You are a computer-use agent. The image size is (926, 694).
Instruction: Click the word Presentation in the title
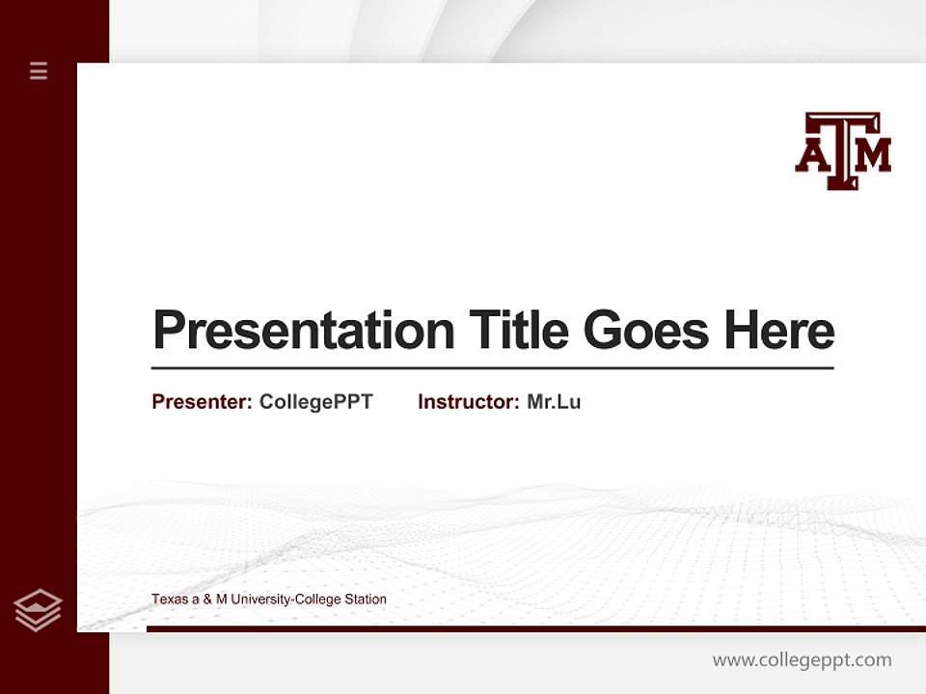[x=304, y=331]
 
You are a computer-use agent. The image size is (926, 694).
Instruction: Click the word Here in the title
[x=779, y=331]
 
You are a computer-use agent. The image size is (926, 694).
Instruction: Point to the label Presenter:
[x=202, y=402]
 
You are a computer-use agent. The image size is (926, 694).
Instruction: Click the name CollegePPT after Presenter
[x=316, y=402]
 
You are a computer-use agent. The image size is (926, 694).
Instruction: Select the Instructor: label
[x=468, y=402]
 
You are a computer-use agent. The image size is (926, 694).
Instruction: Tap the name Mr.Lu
[x=554, y=402]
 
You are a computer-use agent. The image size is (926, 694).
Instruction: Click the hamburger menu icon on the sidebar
[x=39, y=70]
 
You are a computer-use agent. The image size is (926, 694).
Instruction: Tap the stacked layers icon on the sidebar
[x=38, y=610]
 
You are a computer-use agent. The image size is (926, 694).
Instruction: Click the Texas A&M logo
[x=843, y=150]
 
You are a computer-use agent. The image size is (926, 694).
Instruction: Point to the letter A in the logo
[x=811, y=157]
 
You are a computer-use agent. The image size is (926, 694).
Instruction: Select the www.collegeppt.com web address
[x=802, y=660]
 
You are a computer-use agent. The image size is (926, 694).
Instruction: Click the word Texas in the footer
[x=168, y=600]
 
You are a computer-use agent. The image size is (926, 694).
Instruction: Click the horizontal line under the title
[x=492, y=368]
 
